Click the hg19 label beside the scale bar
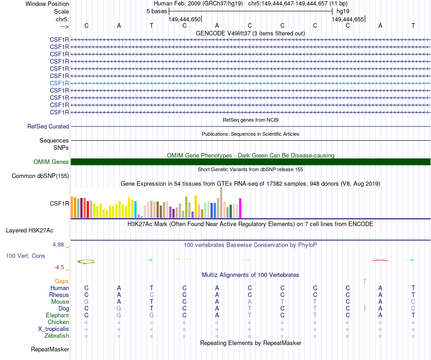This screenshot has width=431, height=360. click(343, 11)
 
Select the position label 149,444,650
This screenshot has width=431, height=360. click(184, 19)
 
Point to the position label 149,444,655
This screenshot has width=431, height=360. click(348, 19)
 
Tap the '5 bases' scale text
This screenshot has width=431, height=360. click(157, 11)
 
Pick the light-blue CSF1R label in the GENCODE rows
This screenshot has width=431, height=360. click(59, 83)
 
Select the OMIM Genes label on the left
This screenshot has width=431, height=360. click(51, 162)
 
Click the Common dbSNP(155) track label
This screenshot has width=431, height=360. click(40, 176)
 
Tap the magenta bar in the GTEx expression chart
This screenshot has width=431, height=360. click(240, 208)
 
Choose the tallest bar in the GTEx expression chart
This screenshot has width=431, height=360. click(221, 202)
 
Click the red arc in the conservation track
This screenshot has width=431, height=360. click(380, 260)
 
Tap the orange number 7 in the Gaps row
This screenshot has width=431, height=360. click(364, 281)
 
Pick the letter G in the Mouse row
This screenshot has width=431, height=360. click(86, 302)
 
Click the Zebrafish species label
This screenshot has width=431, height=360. click(57, 336)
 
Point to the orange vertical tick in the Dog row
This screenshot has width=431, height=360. click(365, 308)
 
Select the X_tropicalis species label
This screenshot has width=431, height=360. click(54, 329)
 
